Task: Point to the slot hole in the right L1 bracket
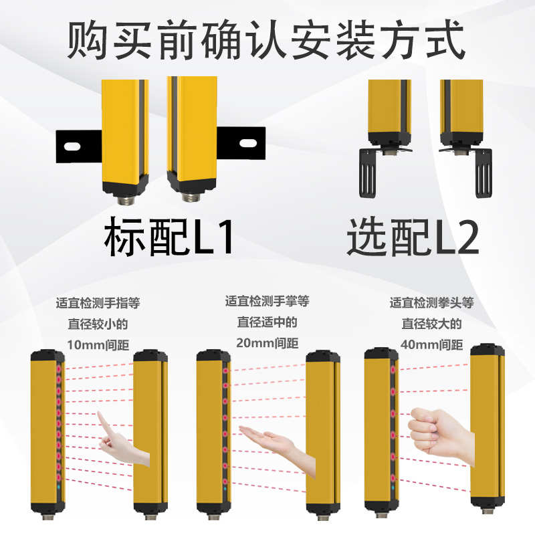point(247,142)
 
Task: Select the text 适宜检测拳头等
point(432,303)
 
